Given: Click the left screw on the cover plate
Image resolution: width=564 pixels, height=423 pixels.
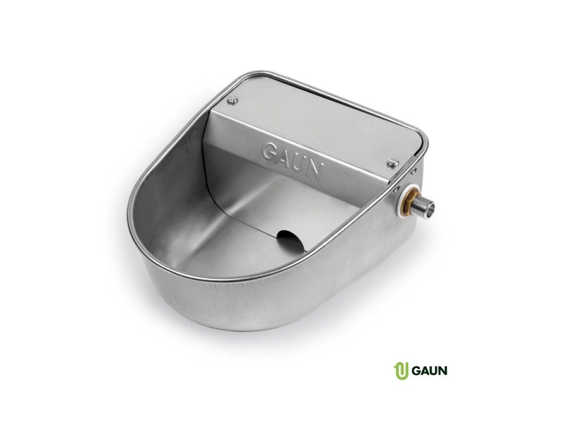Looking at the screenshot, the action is tap(233, 101).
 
